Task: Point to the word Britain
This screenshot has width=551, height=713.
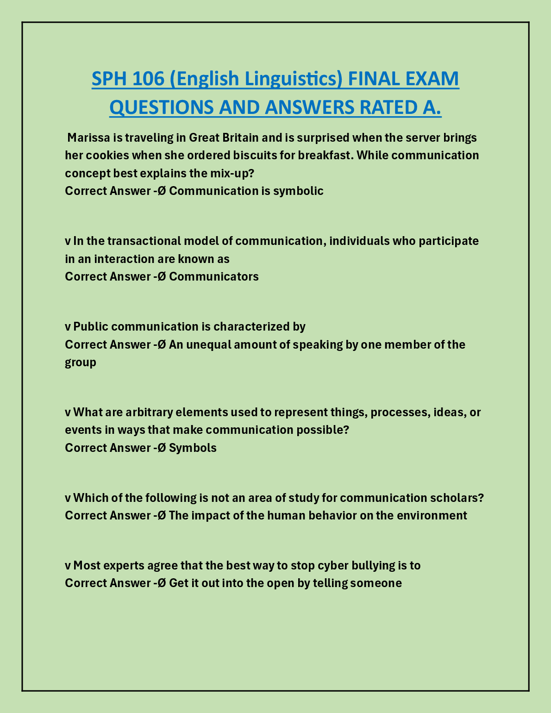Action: click(241, 138)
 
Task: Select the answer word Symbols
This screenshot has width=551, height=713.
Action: click(193, 448)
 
